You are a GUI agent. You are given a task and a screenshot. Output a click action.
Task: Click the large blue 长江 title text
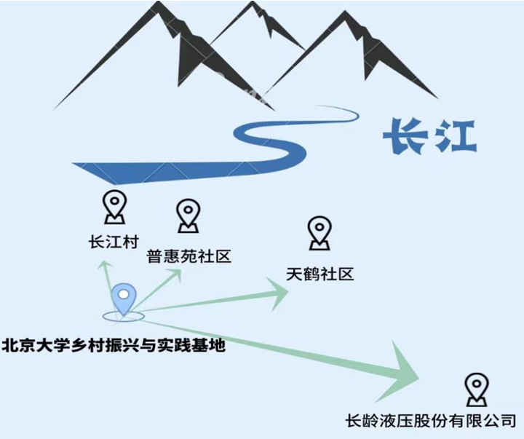tap(429, 135)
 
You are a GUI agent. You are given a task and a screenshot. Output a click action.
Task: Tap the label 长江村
tap(112, 241)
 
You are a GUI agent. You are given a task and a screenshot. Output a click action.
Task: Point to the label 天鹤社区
tap(319, 274)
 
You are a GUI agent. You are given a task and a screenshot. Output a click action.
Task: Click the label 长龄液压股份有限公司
tap(432, 421)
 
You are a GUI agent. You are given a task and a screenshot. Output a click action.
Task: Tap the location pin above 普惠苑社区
tap(188, 215)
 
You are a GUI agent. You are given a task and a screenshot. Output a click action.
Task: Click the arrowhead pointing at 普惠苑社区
tap(175, 273)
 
